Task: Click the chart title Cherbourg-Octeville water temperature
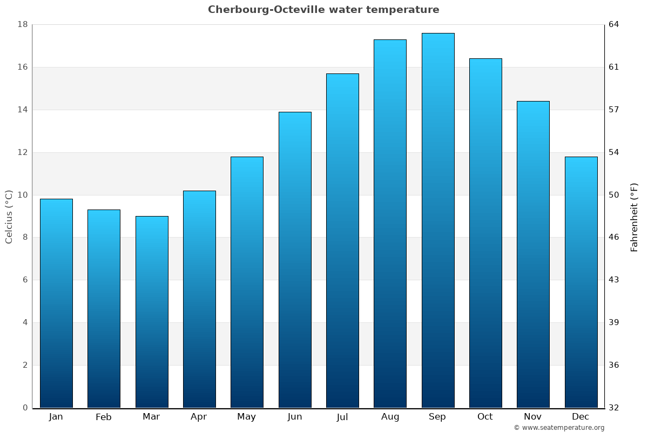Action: [x=323, y=10]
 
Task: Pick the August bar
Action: [x=390, y=224]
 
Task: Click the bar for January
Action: [x=56, y=303]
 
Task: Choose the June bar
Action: [x=295, y=260]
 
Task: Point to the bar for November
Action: [x=533, y=254]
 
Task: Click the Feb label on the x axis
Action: [x=104, y=417]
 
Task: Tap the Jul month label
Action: [x=342, y=417]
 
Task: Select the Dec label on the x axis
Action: [x=580, y=417]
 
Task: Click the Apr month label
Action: [x=199, y=417]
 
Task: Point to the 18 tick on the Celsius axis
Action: [x=23, y=24]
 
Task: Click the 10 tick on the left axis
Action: [x=23, y=195]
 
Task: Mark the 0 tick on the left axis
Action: [x=25, y=408]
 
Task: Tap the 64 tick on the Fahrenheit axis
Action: [x=615, y=24]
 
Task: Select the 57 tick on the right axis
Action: [x=615, y=110]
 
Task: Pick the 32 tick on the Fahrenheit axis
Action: [x=615, y=408]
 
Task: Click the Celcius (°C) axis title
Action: [x=9, y=217]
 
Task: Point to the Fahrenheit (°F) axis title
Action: [x=634, y=217]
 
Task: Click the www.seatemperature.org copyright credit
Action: [x=559, y=428]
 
